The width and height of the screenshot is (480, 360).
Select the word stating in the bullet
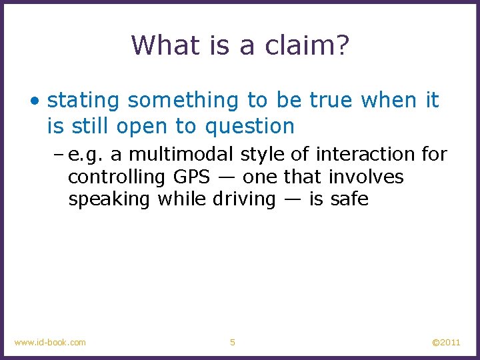[84, 101]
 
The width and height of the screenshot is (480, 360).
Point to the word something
[184, 101]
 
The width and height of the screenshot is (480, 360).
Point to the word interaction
[366, 155]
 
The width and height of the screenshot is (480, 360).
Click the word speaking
[109, 199]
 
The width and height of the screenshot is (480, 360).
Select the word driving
[243, 199]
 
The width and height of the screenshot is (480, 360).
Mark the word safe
[351, 199]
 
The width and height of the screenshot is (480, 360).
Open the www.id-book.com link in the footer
[50, 342]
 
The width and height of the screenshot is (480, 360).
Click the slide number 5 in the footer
[233, 342]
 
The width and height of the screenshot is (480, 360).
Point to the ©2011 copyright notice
[446, 342]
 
